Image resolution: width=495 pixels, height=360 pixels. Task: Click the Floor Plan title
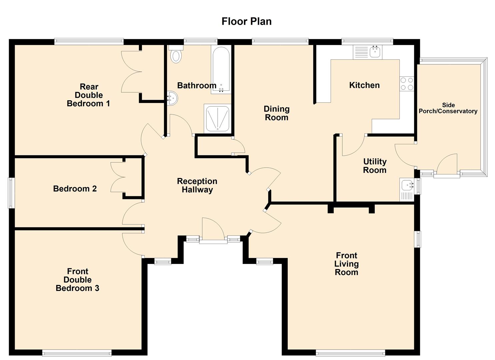pyautogui.click(x=246, y=21)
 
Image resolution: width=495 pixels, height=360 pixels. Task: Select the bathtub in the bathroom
pyautogui.click(x=220, y=69)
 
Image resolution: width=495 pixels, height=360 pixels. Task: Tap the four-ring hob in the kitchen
pyautogui.click(x=407, y=84)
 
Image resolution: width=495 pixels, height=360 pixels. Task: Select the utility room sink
pyautogui.click(x=407, y=185)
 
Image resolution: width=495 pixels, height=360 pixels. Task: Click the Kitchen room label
pyautogui.click(x=364, y=85)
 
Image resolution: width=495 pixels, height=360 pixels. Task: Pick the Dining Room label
pyautogui.click(x=276, y=113)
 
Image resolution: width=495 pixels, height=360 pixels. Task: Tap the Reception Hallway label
pyautogui.click(x=197, y=185)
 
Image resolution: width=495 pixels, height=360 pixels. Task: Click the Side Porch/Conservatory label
pyautogui.click(x=448, y=108)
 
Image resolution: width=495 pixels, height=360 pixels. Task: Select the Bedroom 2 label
pyautogui.click(x=75, y=189)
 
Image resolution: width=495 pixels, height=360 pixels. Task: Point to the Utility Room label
pyautogui.click(x=375, y=166)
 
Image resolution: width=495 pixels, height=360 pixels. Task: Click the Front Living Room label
pyautogui.click(x=346, y=264)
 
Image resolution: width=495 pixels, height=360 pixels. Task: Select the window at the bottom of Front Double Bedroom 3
pyautogui.click(x=77, y=352)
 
